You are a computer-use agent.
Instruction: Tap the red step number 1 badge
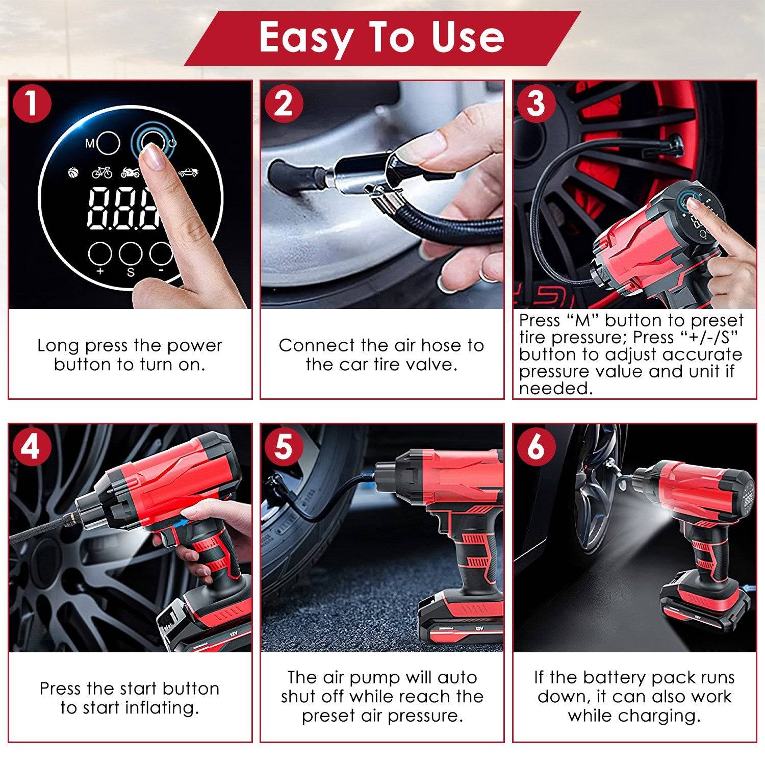[32, 104]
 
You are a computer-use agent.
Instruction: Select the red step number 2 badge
[284, 104]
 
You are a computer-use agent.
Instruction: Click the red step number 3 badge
[535, 104]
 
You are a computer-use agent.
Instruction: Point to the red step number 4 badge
[32, 447]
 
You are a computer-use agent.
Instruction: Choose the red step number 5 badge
[284, 447]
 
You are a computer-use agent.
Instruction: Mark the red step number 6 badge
[535, 447]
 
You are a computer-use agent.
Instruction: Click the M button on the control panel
[108, 144]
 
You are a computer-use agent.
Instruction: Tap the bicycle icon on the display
[102, 173]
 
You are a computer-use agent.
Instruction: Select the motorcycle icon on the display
[130, 173]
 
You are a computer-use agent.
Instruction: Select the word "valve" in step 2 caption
[430, 365]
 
